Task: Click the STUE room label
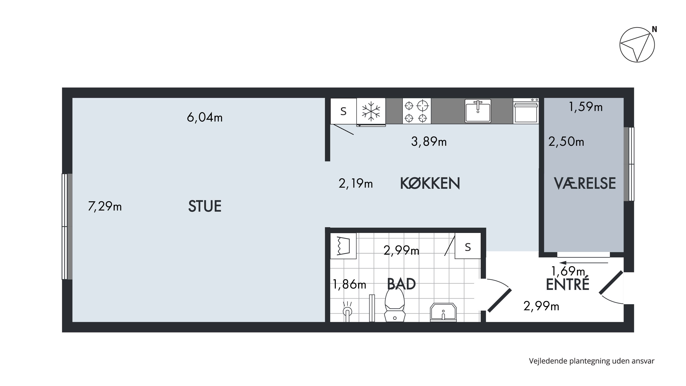coord(204,206)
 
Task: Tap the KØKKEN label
coord(430,183)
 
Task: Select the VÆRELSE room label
coord(585,183)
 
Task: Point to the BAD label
coord(401,284)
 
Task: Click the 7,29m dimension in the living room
coord(105,206)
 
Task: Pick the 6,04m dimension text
coord(204,117)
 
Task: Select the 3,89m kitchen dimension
coord(429,141)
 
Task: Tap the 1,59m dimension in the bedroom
coord(586,107)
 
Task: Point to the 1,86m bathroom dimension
coord(349,284)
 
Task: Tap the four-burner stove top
coord(416,111)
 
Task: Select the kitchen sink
coord(478,111)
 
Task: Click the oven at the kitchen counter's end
coord(526,111)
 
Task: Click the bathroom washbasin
coord(443,312)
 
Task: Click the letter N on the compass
coord(654,29)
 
